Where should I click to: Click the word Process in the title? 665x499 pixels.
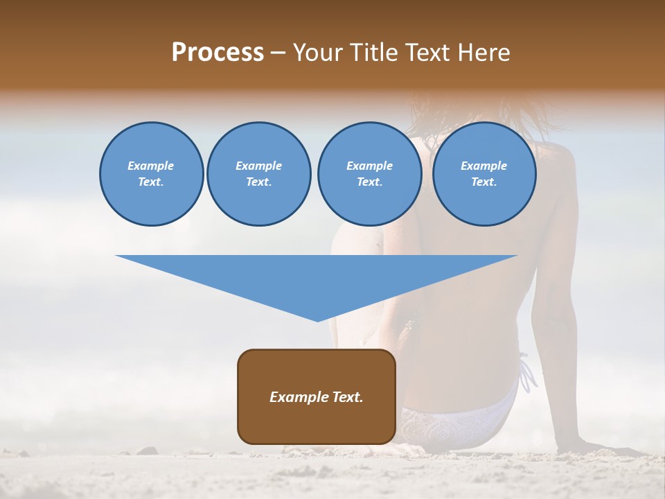pos(218,53)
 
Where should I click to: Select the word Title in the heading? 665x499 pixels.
pos(375,53)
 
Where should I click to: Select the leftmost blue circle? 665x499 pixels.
pos(151,174)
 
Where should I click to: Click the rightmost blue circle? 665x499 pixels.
pos(484,174)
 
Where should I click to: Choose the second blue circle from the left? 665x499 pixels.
pos(258,174)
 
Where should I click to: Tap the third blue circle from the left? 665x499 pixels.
pos(369,174)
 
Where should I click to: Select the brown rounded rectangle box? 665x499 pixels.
pos(317,396)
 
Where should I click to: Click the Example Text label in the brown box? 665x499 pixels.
pos(317,397)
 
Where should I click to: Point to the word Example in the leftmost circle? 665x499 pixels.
pos(151,166)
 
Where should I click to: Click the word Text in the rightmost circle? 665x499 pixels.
pos(484,182)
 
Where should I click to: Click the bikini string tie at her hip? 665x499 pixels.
pos(527,375)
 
